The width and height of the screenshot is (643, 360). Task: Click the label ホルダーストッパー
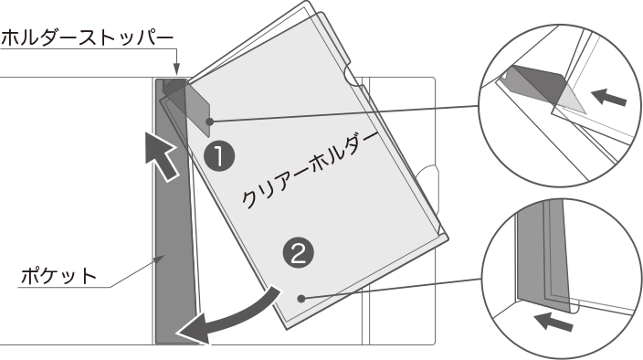click(88, 38)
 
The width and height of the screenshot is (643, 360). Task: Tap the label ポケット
click(58, 276)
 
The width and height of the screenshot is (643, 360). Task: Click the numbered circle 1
click(219, 156)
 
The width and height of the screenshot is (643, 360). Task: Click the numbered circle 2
click(298, 253)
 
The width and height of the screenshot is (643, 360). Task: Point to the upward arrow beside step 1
click(162, 156)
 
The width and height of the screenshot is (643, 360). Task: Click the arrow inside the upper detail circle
click(609, 97)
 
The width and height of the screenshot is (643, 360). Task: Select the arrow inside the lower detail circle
click(554, 321)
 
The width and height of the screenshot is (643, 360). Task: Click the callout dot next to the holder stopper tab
click(210, 122)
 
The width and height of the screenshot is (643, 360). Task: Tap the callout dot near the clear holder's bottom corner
click(301, 299)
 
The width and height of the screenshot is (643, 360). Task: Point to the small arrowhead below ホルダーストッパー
click(176, 69)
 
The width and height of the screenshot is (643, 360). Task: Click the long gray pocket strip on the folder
click(175, 213)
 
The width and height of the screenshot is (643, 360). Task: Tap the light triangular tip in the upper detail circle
click(572, 101)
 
